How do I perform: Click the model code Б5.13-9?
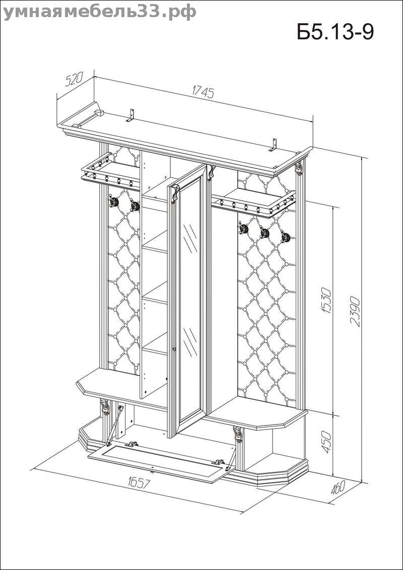click(335, 32)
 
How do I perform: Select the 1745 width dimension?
click(204, 92)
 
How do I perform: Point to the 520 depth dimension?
click(74, 81)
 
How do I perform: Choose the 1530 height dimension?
click(326, 301)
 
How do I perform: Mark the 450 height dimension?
click(327, 442)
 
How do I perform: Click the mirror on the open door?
click(190, 302)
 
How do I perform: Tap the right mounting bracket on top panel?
click(274, 144)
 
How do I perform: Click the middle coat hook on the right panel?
click(264, 233)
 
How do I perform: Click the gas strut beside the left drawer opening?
click(119, 423)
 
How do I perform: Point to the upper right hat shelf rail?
click(252, 204)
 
